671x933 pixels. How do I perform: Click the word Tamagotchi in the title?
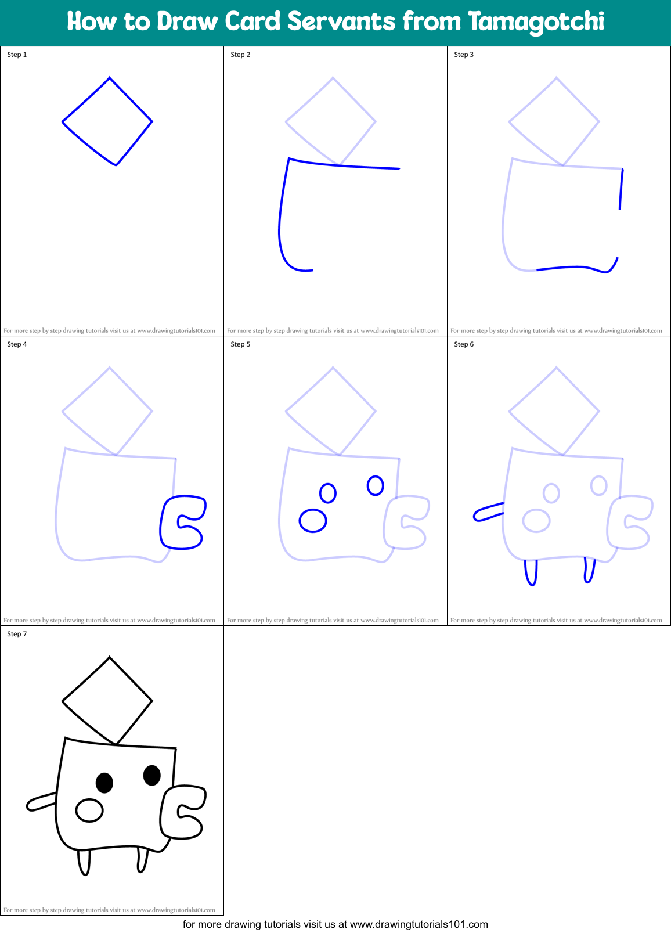click(x=536, y=22)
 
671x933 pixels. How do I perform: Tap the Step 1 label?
click(x=17, y=55)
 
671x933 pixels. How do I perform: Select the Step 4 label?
click(x=17, y=344)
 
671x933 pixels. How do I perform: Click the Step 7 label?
click(x=17, y=634)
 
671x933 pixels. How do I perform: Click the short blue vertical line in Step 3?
click(x=621, y=189)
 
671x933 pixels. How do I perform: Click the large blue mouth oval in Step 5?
click(x=313, y=521)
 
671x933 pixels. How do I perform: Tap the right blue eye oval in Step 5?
click(x=376, y=485)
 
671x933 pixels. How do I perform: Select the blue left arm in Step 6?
click(x=488, y=511)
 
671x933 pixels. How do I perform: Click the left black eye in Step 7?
click(x=104, y=783)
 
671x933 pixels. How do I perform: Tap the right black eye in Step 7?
click(x=152, y=775)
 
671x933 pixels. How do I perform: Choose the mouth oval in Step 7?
click(x=89, y=810)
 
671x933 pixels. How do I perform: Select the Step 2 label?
click(x=240, y=55)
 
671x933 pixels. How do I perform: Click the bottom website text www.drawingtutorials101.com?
click(x=419, y=924)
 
